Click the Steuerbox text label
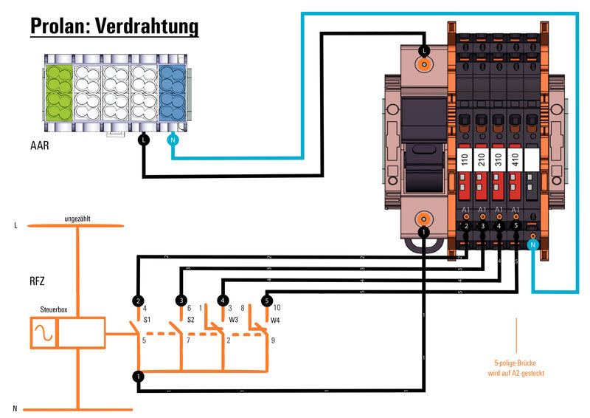point(55,310)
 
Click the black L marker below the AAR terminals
point(143,139)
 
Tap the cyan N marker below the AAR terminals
point(173,139)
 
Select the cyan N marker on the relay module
point(533,243)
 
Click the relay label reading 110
point(465,160)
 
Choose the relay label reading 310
point(499,160)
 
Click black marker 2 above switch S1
point(138,301)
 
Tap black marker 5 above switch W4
point(267,301)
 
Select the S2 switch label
point(191,320)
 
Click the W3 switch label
point(234,320)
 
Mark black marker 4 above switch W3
point(223,301)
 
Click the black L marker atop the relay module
point(423,50)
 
